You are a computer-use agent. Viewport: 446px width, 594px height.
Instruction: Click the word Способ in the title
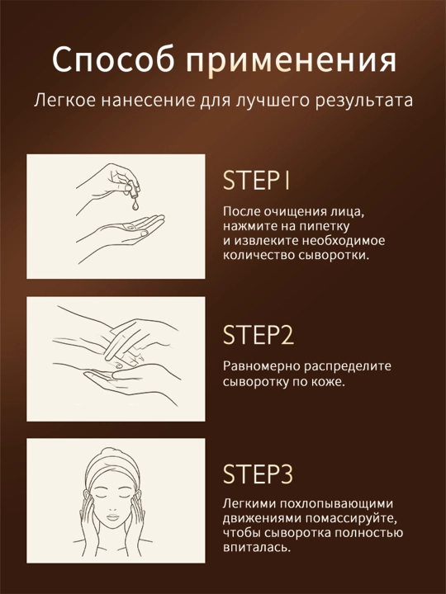116,60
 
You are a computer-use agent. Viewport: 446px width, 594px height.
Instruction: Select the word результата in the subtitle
363,101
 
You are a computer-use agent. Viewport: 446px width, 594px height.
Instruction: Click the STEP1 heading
256,180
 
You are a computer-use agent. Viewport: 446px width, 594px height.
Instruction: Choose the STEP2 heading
259,334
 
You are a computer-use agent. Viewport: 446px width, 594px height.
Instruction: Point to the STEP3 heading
258,474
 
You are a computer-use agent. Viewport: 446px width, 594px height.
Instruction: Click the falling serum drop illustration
135,205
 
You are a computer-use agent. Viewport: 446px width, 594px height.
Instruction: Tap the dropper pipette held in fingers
132,190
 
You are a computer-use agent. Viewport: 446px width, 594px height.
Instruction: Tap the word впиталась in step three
257,548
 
